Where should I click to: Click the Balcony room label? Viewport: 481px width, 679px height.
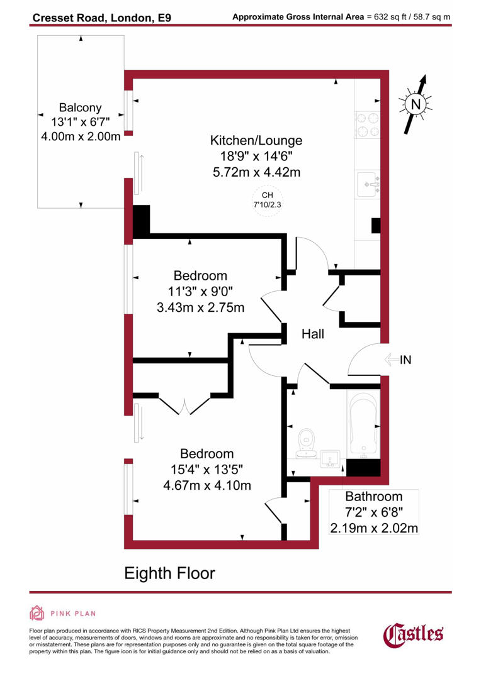80,108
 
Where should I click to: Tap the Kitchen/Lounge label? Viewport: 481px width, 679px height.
256,140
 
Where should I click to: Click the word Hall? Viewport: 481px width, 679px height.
312,334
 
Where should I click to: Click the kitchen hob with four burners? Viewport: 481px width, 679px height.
367,124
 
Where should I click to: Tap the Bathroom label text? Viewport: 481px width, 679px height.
373,497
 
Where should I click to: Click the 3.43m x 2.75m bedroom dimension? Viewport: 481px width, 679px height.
200,307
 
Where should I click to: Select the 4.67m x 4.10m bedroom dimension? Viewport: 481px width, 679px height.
207,485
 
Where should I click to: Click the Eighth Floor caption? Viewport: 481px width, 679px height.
169,573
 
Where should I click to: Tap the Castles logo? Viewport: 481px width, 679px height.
413,633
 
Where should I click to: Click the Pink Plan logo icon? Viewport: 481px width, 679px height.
37,613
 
